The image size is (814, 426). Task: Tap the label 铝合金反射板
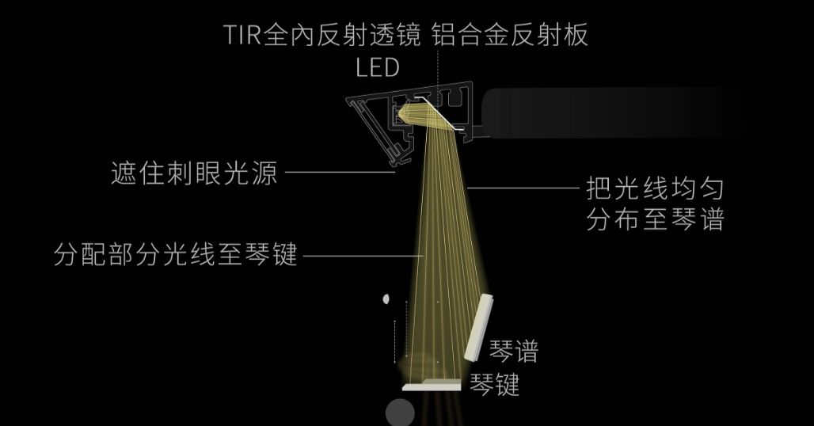pos(512,36)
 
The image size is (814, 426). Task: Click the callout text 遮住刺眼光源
pos(195,173)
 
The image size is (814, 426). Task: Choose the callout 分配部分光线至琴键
pos(175,256)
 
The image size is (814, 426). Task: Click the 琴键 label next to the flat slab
pos(495,386)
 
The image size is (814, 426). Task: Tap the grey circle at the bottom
pos(400,413)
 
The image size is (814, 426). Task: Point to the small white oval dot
pos(386,299)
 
